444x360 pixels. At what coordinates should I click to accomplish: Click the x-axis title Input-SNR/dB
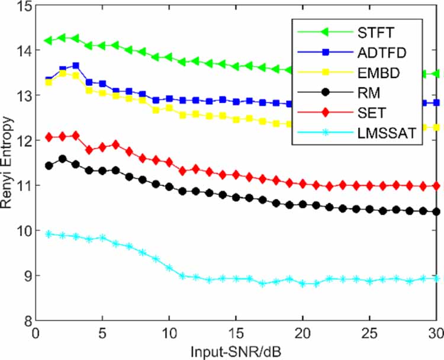pos(236,351)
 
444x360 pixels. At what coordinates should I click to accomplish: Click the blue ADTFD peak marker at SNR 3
pos(76,66)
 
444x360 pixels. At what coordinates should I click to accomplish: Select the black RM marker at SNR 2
pos(62,159)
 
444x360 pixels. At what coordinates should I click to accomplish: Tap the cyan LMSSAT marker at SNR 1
pos(49,234)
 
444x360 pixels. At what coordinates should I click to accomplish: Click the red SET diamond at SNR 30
pos(436,186)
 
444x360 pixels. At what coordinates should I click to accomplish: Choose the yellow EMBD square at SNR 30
pos(436,127)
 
